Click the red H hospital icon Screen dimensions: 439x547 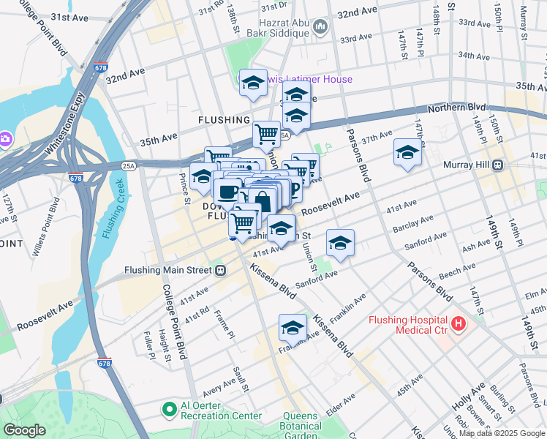[459, 322]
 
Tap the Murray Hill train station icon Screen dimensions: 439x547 [498, 165]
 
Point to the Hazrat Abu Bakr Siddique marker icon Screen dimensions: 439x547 [320, 28]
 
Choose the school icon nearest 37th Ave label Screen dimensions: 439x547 [407, 152]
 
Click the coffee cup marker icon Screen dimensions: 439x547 [227, 192]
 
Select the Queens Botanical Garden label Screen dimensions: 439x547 [302, 426]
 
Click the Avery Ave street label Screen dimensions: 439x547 [220, 382]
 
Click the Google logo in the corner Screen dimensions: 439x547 [24, 430]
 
